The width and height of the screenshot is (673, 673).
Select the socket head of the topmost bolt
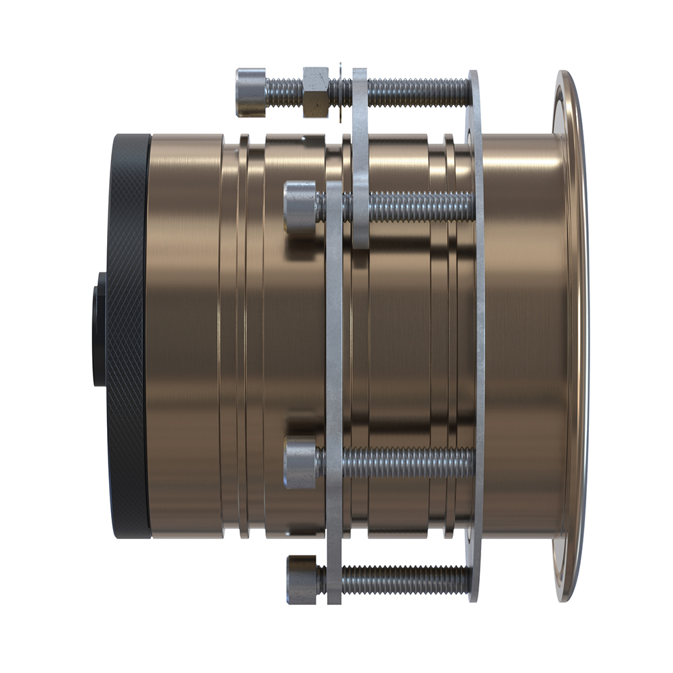[x=250, y=92]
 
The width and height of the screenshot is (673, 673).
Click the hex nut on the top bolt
[x=316, y=92]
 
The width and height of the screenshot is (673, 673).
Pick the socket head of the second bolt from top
[x=300, y=207]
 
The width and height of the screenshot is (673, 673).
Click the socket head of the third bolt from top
[x=300, y=462]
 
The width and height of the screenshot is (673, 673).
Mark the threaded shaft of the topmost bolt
[x=417, y=92]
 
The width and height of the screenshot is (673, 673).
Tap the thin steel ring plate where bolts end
[x=476, y=336]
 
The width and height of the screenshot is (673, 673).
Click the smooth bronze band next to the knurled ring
[x=185, y=336]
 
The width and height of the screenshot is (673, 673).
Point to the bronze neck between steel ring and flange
[x=522, y=336]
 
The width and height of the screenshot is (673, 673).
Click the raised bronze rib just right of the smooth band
[x=243, y=336]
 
